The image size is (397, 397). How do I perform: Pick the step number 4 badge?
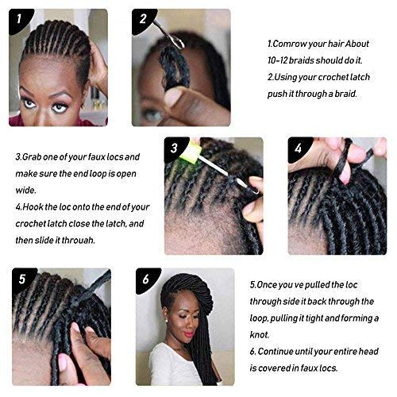[299, 148]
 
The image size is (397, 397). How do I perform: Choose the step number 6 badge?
[146, 279]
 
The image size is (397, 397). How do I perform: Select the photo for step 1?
[59, 67]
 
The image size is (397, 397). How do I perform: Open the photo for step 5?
[59, 326]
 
